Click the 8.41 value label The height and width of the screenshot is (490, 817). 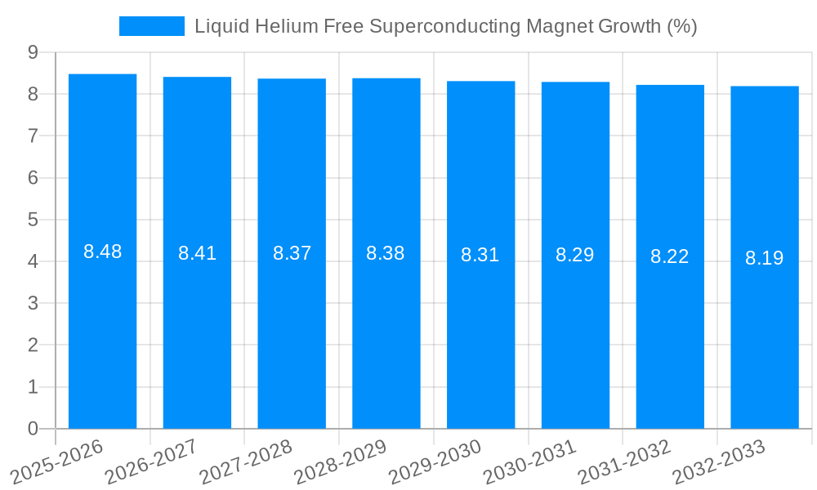197,253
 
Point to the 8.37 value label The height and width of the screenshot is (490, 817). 292,253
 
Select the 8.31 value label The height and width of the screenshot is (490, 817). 480,255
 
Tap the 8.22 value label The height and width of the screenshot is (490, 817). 669,256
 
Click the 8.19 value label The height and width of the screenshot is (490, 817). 764,258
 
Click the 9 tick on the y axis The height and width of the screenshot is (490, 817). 33,52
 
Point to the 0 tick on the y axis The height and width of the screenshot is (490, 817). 33,429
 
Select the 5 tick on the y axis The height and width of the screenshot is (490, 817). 33,220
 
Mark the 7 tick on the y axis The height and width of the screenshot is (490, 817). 33,136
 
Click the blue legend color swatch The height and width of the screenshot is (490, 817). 151,26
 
